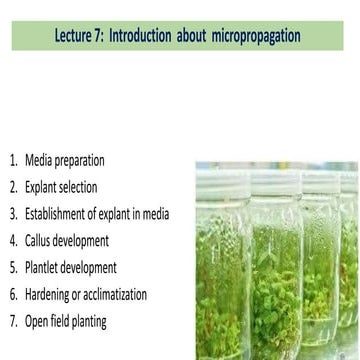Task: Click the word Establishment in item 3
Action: pyautogui.click(x=62, y=214)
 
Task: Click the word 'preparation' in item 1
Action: pyautogui.click(x=80, y=160)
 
